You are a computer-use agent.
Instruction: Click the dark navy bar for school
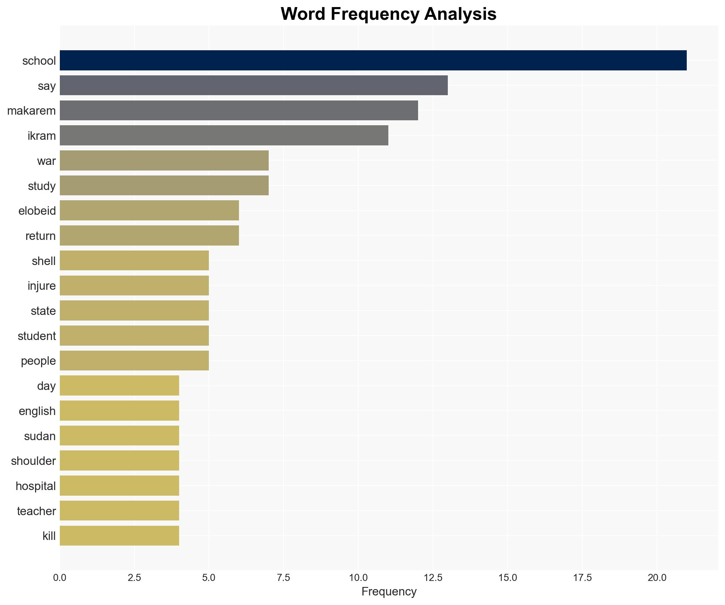pyautogui.click(x=373, y=60)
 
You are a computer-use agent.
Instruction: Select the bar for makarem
pyautogui.click(x=239, y=110)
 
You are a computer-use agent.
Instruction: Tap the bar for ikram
pyautogui.click(x=224, y=136)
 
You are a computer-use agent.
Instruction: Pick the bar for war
pyautogui.click(x=164, y=161)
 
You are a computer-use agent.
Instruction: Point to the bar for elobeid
pyautogui.click(x=149, y=211)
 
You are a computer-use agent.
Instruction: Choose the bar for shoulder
pyautogui.click(x=119, y=461)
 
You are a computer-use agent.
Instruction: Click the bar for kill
pyautogui.click(x=119, y=536)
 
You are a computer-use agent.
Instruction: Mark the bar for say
pyautogui.click(x=253, y=85)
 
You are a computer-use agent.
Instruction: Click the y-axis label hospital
pyautogui.click(x=36, y=486)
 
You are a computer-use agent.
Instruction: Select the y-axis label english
pyautogui.click(x=37, y=411)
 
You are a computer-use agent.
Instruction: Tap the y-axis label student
pyautogui.click(x=37, y=336)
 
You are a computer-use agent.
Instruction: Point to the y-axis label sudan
pyautogui.click(x=40, y=436)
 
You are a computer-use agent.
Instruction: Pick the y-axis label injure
pyautogui.click(x=42, y=286)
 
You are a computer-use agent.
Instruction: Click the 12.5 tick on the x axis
pyautogui.click(x=433, y=578)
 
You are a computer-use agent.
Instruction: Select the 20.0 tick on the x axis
pyautogui.click(x=657, y=578)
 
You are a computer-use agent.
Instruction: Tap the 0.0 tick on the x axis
pyautogui.click(x=60, y=578)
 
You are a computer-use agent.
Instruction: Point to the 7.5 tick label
pyautogui.click(x=283, y=578)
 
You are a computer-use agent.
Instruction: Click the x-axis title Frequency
pyautogui.click(x=389, y=592)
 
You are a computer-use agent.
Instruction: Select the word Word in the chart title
pyautogui.click(x=304, y=14)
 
